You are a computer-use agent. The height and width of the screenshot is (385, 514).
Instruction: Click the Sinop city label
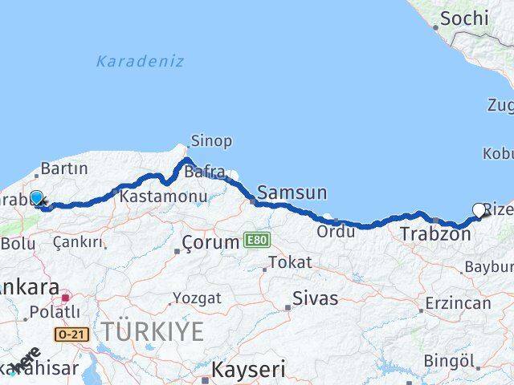(211, 141)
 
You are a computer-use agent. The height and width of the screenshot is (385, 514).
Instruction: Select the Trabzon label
(435, 235)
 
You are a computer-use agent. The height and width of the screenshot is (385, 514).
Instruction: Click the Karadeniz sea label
(140, 61)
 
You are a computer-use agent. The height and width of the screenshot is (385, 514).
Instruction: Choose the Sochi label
(464, 18)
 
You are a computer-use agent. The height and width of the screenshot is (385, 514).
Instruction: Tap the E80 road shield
(254, 240)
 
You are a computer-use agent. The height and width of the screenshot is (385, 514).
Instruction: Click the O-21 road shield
(71, 332)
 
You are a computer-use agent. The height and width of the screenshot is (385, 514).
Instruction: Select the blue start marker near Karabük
(36, 197)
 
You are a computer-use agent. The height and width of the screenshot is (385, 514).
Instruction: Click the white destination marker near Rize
(479, 210)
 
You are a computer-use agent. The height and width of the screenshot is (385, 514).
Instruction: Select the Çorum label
(210, 241)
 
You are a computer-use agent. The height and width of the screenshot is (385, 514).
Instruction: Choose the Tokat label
(290, 262)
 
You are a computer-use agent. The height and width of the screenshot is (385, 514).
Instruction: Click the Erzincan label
(458, 303)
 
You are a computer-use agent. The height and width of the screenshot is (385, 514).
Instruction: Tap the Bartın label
(62, 168)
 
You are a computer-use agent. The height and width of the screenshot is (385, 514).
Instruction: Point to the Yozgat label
(197, 298)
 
